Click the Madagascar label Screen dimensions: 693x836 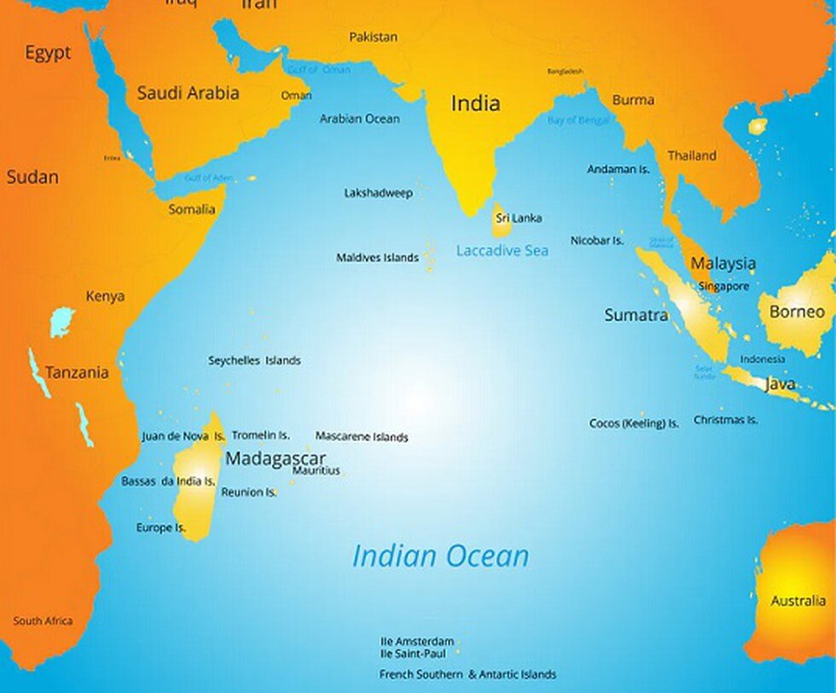point(275,457)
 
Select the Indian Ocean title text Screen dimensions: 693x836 point(440,556)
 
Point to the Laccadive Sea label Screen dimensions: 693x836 point(502,251)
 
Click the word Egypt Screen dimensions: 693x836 point(47,53)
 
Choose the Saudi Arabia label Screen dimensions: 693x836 point(188,93)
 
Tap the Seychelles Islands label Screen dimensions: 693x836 point(254,360)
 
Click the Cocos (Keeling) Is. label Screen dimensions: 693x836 point(634,423)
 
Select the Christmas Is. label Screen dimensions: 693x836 point(725,420)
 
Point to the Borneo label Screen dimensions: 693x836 point(797,312)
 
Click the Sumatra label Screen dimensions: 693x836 point(636,315)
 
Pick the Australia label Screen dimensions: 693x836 point(798,601)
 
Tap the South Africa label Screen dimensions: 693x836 point(43,621)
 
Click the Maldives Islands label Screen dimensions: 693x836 point(377,257)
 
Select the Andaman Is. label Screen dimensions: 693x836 point(618,169)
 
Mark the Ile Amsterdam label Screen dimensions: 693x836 point(416,640)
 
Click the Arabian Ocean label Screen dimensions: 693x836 point(359,119)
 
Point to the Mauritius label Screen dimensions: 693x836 point(316,470)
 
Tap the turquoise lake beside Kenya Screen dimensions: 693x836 point(61,323)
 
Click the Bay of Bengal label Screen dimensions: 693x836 point(578,120)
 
